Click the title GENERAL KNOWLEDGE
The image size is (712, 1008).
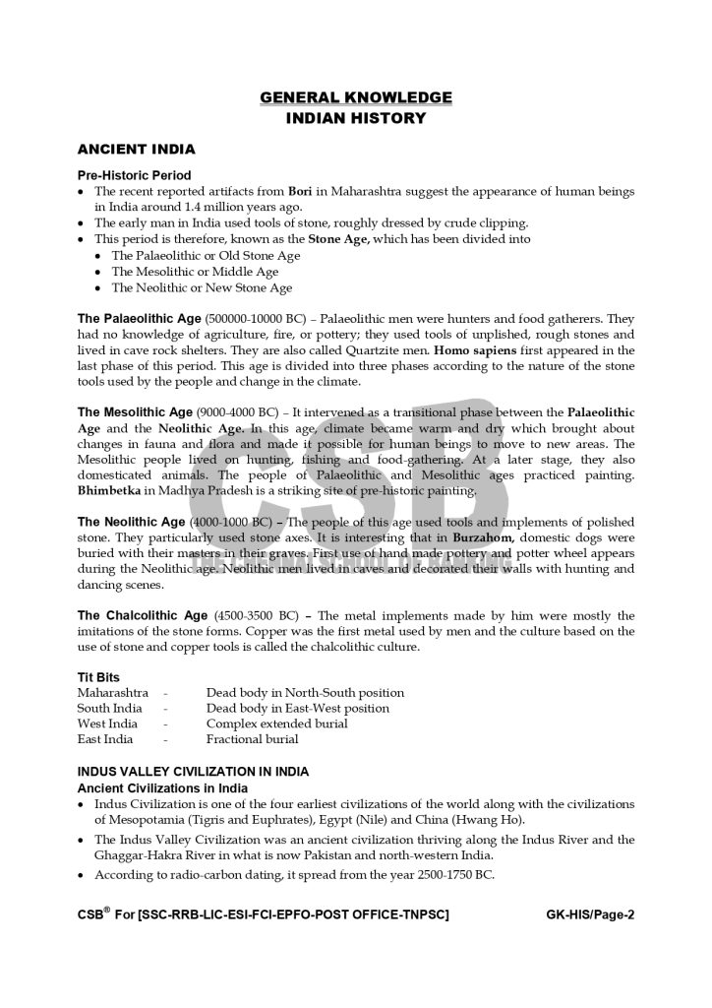[356, 97]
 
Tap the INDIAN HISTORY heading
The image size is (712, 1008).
[356, 118]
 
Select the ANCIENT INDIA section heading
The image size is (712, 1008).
[136, 150]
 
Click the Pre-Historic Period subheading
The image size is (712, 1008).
[134, 175]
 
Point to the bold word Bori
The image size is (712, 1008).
[300, 191]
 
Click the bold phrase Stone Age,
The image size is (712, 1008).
[339, 239]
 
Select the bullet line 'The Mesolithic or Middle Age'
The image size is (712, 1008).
[195, 272]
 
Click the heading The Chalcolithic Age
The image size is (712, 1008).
[143, 616]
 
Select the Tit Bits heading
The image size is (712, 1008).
[98, 677]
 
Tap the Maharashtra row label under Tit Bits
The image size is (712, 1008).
[113, 693]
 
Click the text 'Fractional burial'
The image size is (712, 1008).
[252, 739]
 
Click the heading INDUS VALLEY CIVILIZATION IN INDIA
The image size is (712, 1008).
[193, 772]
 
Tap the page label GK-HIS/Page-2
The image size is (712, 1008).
[590, 914]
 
